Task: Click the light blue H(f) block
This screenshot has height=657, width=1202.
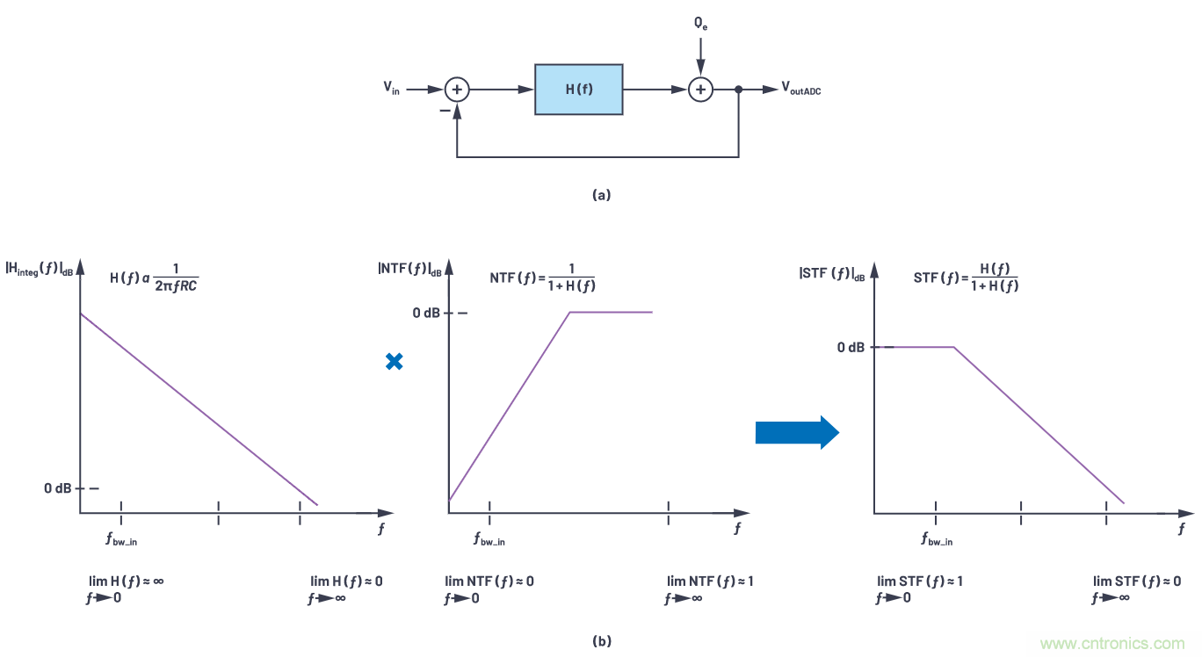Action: pyautogui.click(x=579, y=89)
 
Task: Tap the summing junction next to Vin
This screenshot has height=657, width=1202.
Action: pyautogui.click(x=456, y=89)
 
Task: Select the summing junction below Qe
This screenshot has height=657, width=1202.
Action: pyautogui.click(x=700, y=89)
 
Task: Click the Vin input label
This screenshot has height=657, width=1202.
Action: pyautogui.click(x=392, y=88)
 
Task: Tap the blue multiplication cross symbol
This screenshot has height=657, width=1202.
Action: pyautogui.click(x=395, y=361)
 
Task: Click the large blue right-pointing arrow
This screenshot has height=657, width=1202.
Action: pyautogui.click(x=797, y=431)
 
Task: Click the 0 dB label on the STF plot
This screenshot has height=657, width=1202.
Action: pyautogui.click(x=851, y=348)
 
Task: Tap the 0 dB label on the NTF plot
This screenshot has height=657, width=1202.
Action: pyautogui.click(x=427, y=313)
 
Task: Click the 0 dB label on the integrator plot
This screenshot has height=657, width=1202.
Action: pyautogui.click(x=58, y=488)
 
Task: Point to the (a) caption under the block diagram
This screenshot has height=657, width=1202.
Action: pyautogui.click(x=601, y=195)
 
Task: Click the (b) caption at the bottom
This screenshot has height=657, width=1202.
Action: pyautogui.click(x=601, y=641)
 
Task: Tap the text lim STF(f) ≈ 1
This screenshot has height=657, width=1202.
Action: pyautogui.click(x=920, y=581)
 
